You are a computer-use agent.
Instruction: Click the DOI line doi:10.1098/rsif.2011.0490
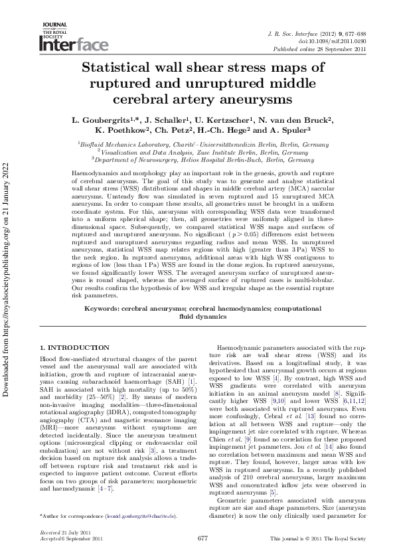point(333,40)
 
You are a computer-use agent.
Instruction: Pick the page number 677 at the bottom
point(203,540)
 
